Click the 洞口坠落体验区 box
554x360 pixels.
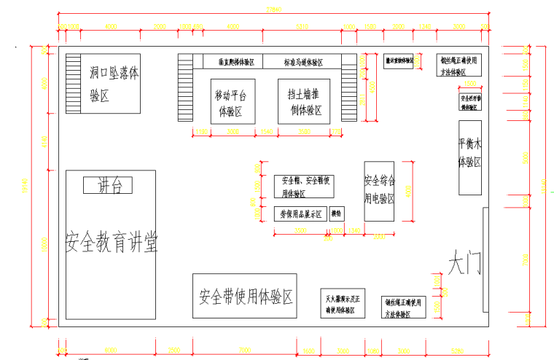113,82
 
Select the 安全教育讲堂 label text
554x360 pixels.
111,241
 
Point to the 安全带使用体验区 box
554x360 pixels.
244,296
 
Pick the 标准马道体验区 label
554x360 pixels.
303,61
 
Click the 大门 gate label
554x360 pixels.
464,263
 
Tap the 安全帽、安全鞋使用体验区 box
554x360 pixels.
303,186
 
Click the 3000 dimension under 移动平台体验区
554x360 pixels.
233,131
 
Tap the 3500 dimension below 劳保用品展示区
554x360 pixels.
300,230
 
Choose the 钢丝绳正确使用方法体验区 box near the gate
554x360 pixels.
404,307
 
